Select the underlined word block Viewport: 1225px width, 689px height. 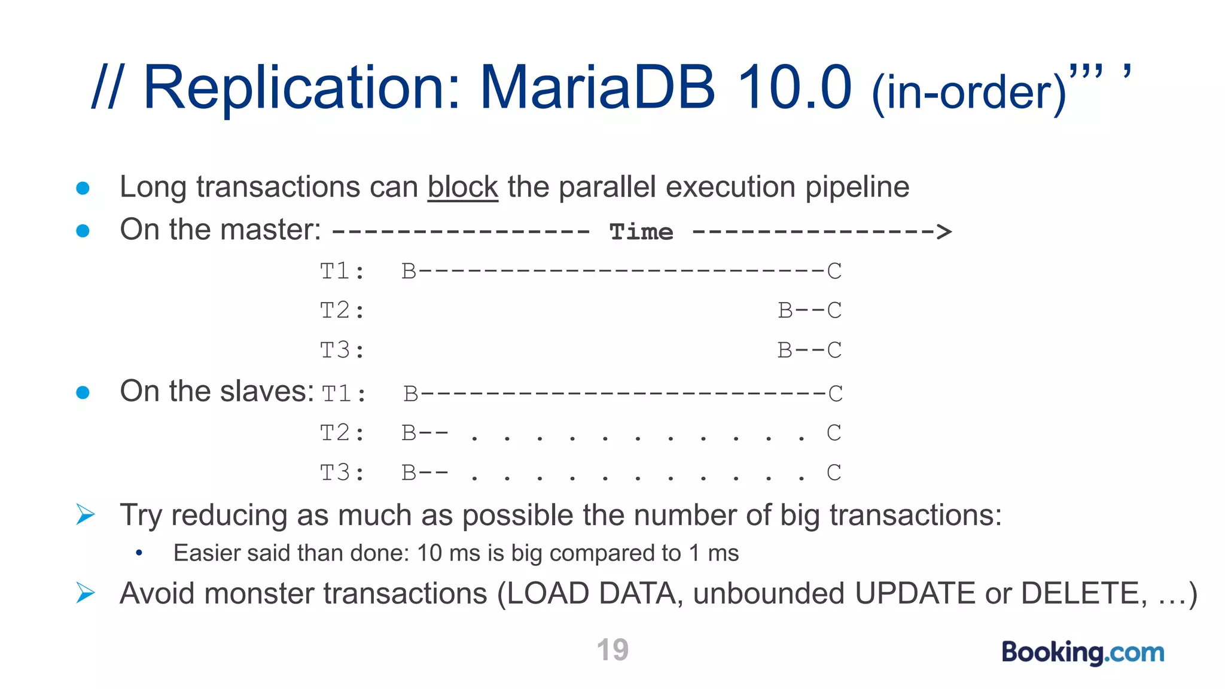point(462,187)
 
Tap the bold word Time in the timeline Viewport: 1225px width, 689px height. point(641,232)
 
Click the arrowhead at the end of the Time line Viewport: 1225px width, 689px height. point(943,231)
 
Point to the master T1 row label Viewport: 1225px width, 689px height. point(342,272)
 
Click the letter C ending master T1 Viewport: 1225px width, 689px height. point(834,272)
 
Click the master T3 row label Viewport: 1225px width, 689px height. point(342,350)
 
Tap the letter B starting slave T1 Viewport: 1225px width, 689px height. point(410,394)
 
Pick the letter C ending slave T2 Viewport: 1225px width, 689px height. point(834,433)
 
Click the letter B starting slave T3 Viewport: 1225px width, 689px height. point(409,473)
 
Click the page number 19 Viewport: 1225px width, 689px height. point(612,650)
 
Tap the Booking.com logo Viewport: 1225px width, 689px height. point(1083,652)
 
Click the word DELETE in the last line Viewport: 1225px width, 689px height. point(1083,594)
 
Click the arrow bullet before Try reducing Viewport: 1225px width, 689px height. point(85,514)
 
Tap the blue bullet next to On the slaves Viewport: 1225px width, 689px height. point(83,392)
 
